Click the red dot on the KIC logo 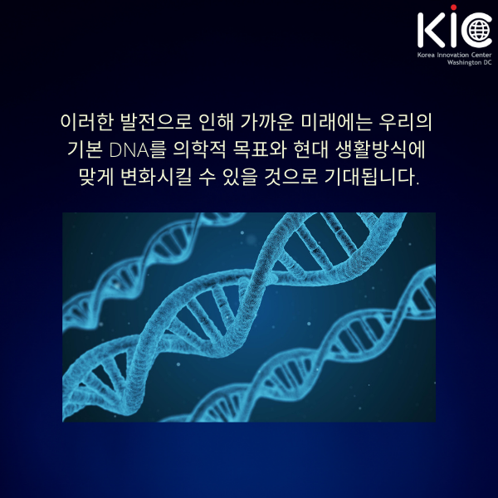pos(453,7)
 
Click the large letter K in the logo pos(432,30)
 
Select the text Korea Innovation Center pos(454,55)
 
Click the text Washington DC pos(469,62)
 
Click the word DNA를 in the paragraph pos(138,150)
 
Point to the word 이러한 pos(86,122)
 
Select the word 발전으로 pos(156,122)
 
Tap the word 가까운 pos(266,122)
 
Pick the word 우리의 pos(406,122)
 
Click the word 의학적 pos(199,150)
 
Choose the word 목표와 pos(260,150)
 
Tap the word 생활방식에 pos(380,150)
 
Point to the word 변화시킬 pos(156,177)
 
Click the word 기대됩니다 pos(372,177)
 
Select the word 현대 pos(310,150)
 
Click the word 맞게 pos(96,177)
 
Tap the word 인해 pos(217,122)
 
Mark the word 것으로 pos(291,177)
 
